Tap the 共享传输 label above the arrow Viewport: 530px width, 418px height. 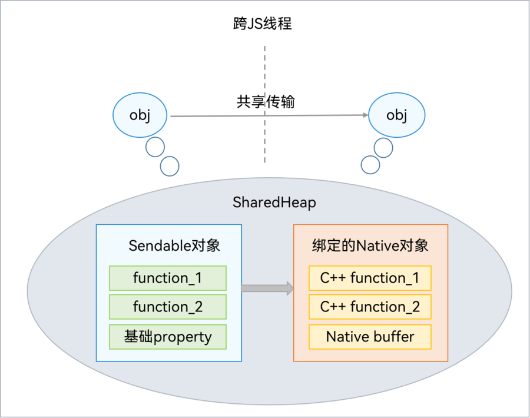pos(266,102)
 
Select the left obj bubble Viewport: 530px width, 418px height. pos(140,115)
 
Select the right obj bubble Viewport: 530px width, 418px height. pos(396,115)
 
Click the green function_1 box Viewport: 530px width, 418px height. pos(168,278)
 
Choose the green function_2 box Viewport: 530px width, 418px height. pos(168,307)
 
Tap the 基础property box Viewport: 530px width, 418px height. pos(168,337)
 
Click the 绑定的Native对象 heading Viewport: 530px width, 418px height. pos(370,246)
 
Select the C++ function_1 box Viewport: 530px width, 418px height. pos(370,278)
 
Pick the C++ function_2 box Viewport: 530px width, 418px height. pos(370,307)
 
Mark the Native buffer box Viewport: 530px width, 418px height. pos(370,337)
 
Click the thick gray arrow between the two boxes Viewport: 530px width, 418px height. pos(267,288)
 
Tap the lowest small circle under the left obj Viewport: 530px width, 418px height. pos(170,166)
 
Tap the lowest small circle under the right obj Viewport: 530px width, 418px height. pos(370,164)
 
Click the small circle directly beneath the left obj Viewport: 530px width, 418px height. pos(155,147)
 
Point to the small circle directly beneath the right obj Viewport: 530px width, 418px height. pos(383,148)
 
